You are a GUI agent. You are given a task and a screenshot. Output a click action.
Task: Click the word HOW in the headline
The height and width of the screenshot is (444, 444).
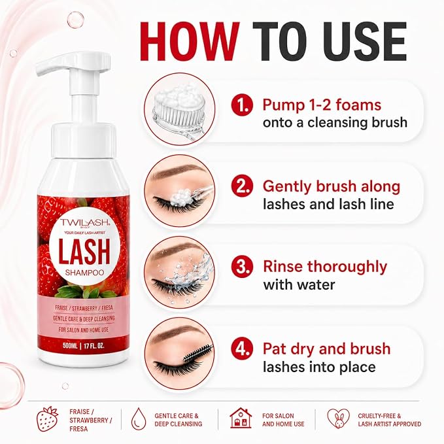(190, 41)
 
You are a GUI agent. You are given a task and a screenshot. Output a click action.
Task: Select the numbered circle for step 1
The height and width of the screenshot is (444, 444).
(241, 105)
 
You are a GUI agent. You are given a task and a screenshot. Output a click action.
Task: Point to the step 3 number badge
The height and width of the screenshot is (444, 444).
(241, 267)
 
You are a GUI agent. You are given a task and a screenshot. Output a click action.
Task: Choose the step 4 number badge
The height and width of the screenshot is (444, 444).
(241, 349)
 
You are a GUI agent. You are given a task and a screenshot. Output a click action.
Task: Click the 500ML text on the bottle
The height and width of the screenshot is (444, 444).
(70, 346)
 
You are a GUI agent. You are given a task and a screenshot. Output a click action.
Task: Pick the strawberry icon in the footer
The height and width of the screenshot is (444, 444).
(48, 419)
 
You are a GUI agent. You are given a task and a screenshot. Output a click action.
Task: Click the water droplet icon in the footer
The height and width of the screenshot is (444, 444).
(139, 418)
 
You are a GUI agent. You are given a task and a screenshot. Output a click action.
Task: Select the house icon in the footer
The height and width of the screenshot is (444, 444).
(241, 418)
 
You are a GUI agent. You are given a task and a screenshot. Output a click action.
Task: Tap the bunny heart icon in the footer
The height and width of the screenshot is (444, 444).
(338, 418)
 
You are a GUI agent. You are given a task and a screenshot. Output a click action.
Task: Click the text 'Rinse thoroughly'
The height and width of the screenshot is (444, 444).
(325, 267)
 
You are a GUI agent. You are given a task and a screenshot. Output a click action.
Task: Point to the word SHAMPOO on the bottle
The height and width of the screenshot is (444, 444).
(84, 273)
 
